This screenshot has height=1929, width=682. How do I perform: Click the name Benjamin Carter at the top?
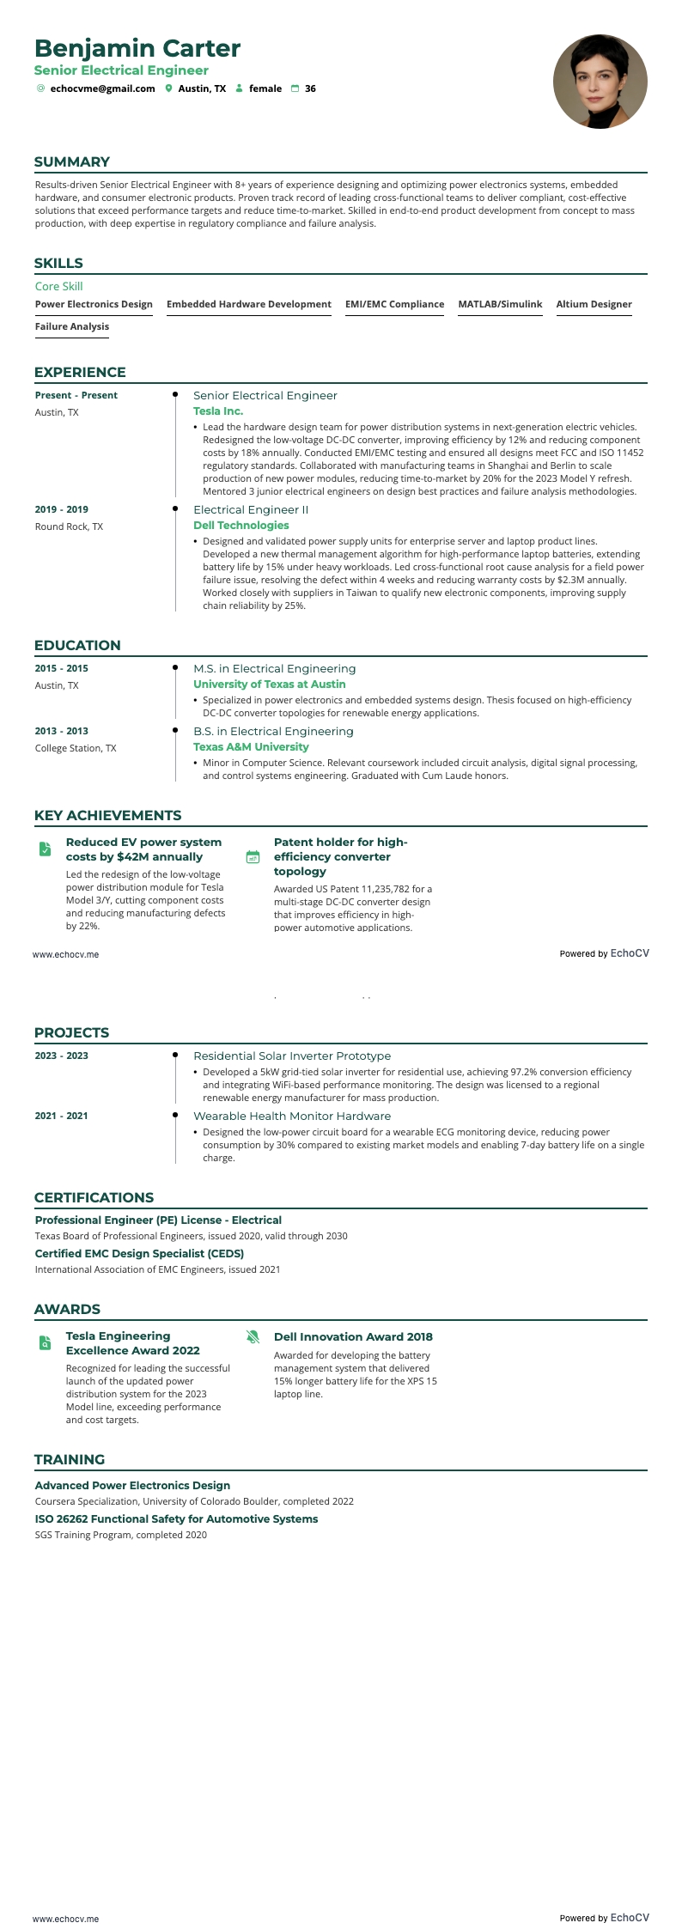point(137,48)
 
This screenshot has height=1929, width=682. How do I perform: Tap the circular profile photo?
point(600,82)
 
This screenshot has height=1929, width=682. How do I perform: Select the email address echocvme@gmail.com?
point(102,88)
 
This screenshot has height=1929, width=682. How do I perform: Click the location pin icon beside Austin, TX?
point(169,88)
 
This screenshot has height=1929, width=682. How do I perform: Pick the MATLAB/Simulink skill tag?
point(500,304)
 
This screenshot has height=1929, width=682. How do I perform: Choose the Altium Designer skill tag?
point(594,304)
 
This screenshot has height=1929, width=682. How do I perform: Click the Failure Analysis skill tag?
point(72,326)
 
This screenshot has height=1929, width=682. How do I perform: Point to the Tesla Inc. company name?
point(218,411)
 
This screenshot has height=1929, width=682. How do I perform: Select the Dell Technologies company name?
point(241,526)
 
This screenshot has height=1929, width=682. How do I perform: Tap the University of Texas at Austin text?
point(270,685)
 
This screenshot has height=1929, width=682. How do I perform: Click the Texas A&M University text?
point(251,747)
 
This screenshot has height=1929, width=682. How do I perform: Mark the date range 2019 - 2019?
point(62,509)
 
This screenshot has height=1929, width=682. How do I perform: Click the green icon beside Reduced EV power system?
point(46,849)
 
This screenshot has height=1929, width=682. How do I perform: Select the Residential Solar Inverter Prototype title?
point(292,1056)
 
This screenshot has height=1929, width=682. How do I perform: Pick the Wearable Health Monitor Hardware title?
point(292,1117)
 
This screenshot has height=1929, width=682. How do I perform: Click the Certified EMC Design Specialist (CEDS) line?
point(139,1253)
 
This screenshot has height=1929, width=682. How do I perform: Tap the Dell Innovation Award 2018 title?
point(353,1336)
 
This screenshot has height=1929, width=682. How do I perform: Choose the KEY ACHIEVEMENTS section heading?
point(108,815)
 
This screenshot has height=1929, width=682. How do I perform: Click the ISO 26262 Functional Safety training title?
point(176,1518)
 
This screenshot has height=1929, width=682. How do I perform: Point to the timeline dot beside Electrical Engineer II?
point(175,508)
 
